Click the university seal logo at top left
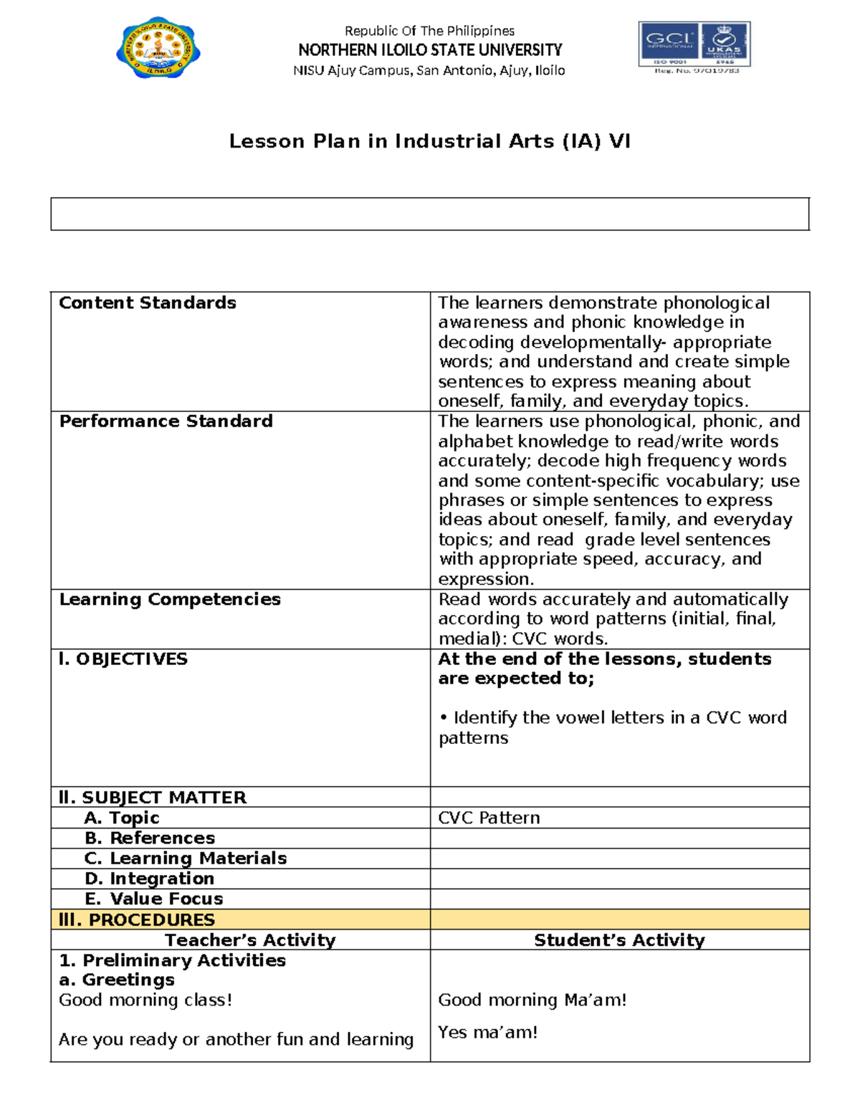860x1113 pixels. click(158, 49)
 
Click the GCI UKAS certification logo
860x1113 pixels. click(694, 47)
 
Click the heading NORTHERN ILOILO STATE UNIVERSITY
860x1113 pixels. click(430, 50)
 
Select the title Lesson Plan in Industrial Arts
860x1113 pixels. click(429, 141)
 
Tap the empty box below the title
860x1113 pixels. click(429, 214)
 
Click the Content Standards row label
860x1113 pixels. click(148, 303)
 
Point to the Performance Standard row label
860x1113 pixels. click(166, 421)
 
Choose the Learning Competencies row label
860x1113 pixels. click(170, 599)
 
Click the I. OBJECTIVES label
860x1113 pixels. click(123, 659)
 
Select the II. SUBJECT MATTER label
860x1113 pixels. click(153, 798)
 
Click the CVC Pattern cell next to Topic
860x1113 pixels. click(489, 818)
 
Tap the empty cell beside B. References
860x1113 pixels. click(619, 838)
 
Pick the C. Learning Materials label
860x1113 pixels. click(185, 858)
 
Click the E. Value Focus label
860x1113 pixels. click(153, 899)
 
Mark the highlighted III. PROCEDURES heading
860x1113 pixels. click(137, 919)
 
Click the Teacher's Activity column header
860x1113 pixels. click(250, 940)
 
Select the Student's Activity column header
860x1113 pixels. click(619, 940)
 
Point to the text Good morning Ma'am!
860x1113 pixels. click(532, 1000)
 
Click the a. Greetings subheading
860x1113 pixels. click(117, 980)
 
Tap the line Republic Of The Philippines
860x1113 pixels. click(429, 31)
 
